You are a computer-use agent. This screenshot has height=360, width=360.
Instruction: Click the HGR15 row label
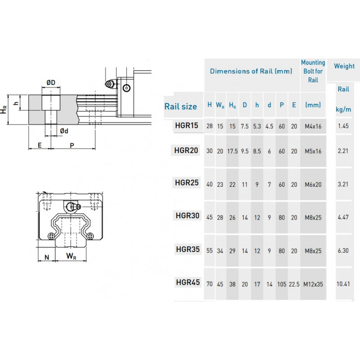(x=186, y=126)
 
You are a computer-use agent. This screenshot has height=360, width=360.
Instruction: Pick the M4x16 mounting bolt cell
(x=313, y=126)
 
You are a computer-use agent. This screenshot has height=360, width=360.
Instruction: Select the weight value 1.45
(x=343, y=126)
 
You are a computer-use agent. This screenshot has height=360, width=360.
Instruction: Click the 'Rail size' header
(x=180, y=107)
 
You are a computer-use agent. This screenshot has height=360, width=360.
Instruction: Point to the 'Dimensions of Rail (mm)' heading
(x=251, y=71)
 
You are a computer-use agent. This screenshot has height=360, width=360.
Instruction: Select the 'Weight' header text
(x=344, y=66)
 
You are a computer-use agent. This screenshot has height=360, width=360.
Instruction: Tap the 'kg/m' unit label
(x=343, y=109)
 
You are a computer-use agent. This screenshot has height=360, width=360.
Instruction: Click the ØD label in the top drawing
(x=51, y=82)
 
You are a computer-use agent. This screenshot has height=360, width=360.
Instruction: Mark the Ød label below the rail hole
(x=64, y=131)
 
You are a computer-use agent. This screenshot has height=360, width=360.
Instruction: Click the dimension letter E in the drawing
(x=40, y=145)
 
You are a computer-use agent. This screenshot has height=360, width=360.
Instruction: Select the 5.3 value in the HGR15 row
(x=257, y=126)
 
